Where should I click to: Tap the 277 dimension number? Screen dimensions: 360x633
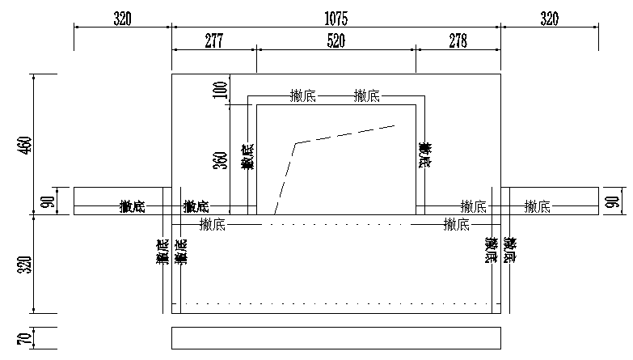[x=213, y=41]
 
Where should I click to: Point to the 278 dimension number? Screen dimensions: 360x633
[x=458, y=41]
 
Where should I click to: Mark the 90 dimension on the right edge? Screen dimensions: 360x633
[x=613, y=200]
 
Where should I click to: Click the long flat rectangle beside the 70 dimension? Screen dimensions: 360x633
[x=336, y=338]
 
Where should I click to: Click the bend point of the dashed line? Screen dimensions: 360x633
[x=297, y=143]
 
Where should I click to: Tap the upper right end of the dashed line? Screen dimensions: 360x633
[x=395, y=125]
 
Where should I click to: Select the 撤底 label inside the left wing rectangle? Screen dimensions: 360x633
[x=132, y=207]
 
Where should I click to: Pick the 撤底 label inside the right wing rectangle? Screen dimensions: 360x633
[x=537, y=207]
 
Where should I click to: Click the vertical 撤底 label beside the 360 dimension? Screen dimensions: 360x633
[x=247, y=156]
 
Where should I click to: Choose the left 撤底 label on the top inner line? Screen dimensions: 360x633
[x=302, y=96]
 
